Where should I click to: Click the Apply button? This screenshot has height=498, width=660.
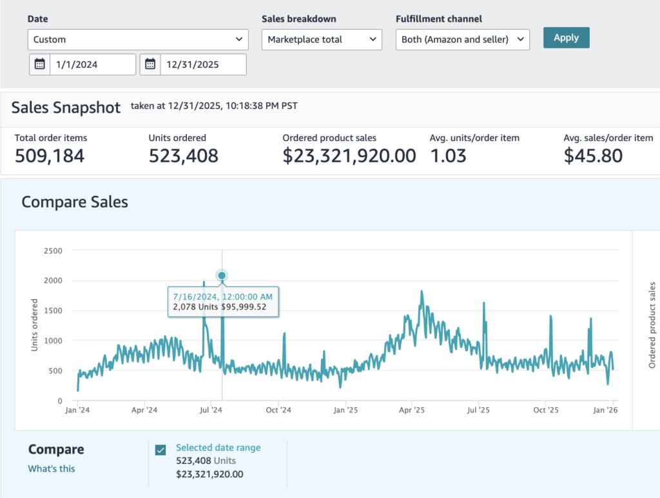pyautogui.click(x=566, y=38)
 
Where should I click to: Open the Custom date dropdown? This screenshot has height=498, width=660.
pyautogui.click(x=138, y=39)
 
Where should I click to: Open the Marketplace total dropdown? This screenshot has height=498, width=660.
pyautogui.click(x=322, y=39)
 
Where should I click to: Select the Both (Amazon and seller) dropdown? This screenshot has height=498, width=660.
pyautogui.click(x=463, y=39)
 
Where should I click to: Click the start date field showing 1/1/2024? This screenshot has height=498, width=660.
pyautogui.click(x=93, y=64)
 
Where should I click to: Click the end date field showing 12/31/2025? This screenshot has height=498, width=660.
pyautogui.click(x=203, y=64)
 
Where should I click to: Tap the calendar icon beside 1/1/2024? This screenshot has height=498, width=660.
pyautogui.click(x=39, y=64)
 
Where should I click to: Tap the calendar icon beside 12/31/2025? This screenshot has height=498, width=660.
pyautogui.click(x=150, y=64)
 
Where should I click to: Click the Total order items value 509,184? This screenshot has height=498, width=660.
pyautogui.click(x=50, y=156)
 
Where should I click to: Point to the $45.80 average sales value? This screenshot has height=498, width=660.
pyautogui.click(x=593, y=156)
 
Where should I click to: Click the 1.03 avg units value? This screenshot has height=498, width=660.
pyautogui.click(x=448, y=156)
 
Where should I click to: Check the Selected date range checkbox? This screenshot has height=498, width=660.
pyautogui.click(x=160, y=450)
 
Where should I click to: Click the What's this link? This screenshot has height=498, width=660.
pyautogui.click(x=52, y=468)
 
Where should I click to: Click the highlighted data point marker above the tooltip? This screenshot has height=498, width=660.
pyautogui.click(x=222, y=276)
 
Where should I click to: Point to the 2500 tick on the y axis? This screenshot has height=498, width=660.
pyautogui.click(x=53, y=251)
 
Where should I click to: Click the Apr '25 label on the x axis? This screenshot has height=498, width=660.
pyautogui.click(x=412, y=410)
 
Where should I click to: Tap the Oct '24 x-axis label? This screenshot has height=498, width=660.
pyautogui.click(x=278, y=410)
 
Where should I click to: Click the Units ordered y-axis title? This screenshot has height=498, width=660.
pyautogui.click(x=35, y=325)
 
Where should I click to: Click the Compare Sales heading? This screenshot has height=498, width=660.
pyautogui.click(x=75, y=202)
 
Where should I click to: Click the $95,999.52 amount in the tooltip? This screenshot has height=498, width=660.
pyautogui.click(x=244, y=307)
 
